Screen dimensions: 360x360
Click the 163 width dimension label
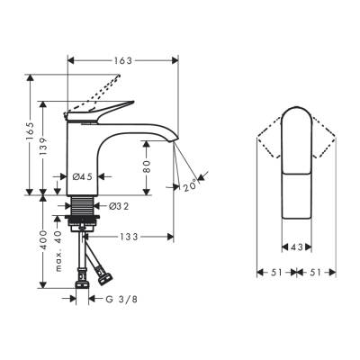click(123, 60)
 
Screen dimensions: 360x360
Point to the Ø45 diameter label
click(83, 175)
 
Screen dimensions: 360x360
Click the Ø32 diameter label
click(121, 206)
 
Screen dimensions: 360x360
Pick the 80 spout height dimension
click(146, 167)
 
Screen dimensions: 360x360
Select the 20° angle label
click(191, 187)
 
